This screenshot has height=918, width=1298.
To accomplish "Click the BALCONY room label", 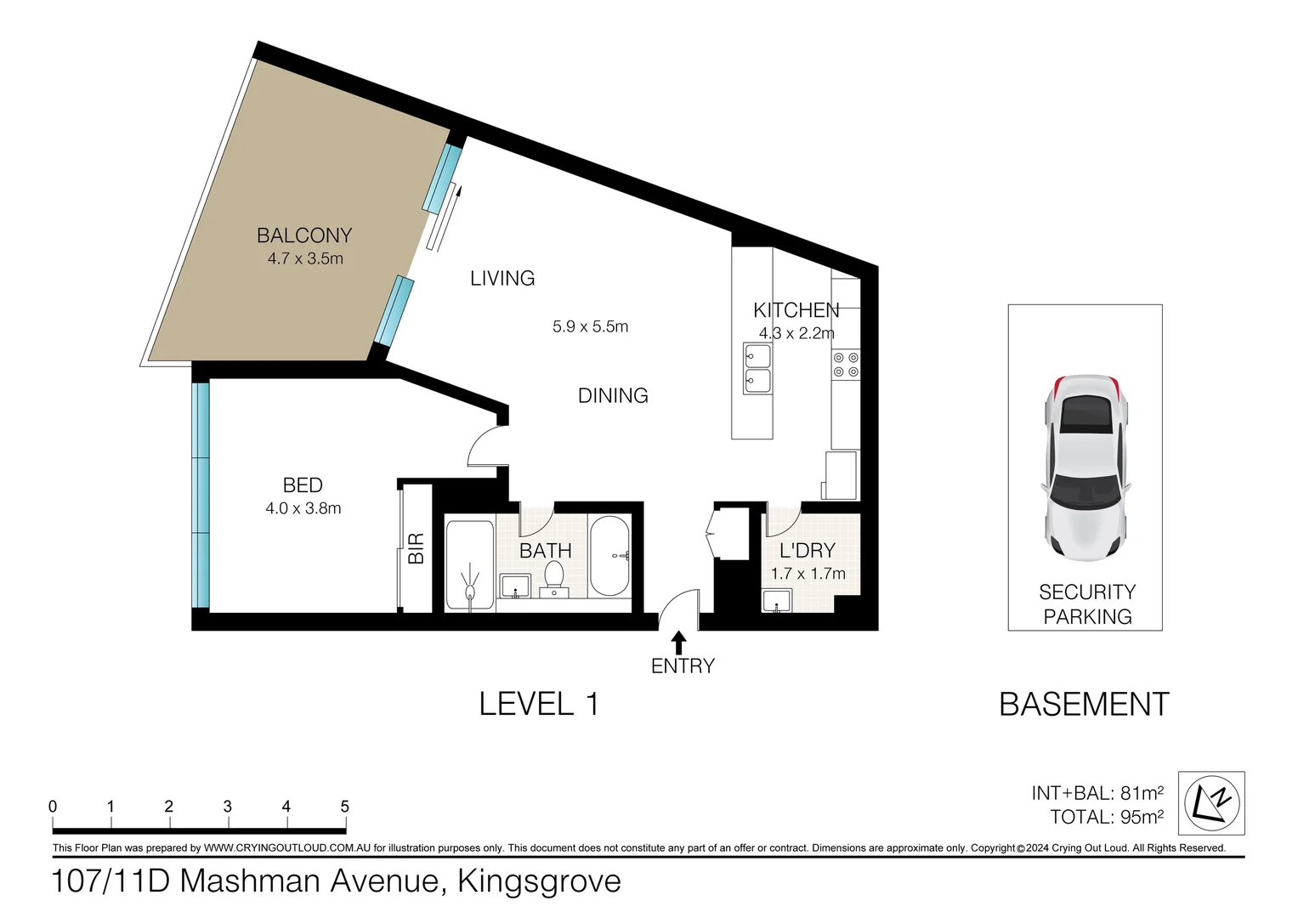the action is pyautogui.click(x=304, y=235).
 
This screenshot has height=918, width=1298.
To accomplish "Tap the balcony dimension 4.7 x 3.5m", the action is pyautogui.click(x=305, y=258).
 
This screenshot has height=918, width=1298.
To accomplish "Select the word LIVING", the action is pyautogui.click(x=502, y=278).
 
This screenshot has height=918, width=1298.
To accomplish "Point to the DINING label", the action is pyautogui.click(x=613, y=395).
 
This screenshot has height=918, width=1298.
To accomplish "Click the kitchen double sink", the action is pyautogui.click(x=757, y=368).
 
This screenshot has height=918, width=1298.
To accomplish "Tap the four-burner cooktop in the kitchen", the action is pyautogui.click(x=846, y=365).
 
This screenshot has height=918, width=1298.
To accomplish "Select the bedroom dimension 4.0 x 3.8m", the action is pyautogui.click(x=303, y=508).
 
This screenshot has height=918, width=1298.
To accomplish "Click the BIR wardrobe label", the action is pyautogui.click(x=416, y=548).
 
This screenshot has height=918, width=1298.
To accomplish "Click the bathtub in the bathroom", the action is pyautogui.click(x=609, y=555).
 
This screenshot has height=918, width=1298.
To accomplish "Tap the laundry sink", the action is pyautogui.click(x=777, y=600).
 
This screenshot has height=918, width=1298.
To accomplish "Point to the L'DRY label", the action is pyautogui.click(x=808, y=550).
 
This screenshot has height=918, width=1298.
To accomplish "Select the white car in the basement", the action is pyautogui.click(x=1085, y=467).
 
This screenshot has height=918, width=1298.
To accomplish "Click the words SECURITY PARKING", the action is pyautogui.click(x=1087, y=604).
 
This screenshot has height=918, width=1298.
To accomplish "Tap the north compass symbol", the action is pyautogui.click(x=1211, y=802).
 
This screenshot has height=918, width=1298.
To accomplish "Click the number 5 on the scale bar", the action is pyautogui.click(x=345, y=806).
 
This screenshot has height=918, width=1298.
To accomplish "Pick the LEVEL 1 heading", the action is pyautogui.click(x=539, y=704).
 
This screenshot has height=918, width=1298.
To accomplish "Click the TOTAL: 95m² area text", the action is pyautogui.click(x=1107, y=817).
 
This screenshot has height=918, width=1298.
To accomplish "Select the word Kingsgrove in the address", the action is pyautogui.click(x=540, y=881).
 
